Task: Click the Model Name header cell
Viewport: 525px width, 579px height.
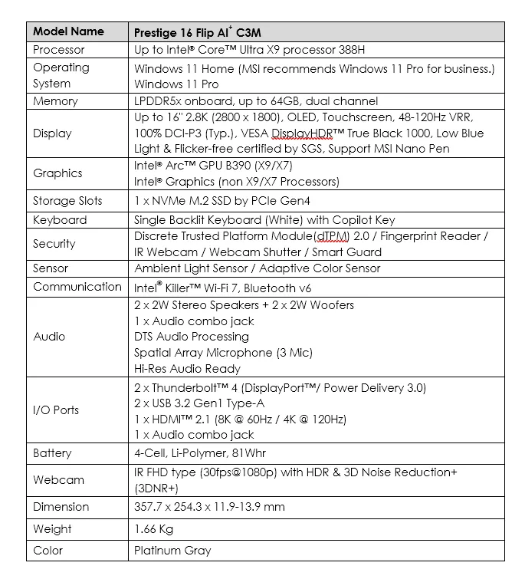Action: pos(68,31)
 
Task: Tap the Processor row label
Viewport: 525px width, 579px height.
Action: pos(59,50)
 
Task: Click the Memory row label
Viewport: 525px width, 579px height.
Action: pos(55,101)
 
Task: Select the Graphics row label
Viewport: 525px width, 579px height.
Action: pos(57,173)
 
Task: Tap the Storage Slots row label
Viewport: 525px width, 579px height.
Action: pos(67,201)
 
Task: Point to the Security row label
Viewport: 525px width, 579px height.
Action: pos(54,244)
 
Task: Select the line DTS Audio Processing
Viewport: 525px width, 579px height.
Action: pos(191,337)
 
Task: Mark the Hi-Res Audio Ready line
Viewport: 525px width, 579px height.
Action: pos(187,369)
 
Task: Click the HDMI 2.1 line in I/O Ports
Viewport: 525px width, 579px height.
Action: pos(240,419)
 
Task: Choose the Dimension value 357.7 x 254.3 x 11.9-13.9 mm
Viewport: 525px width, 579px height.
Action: pos(209,507)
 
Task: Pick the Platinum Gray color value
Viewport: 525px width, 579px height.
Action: pos(172,551)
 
